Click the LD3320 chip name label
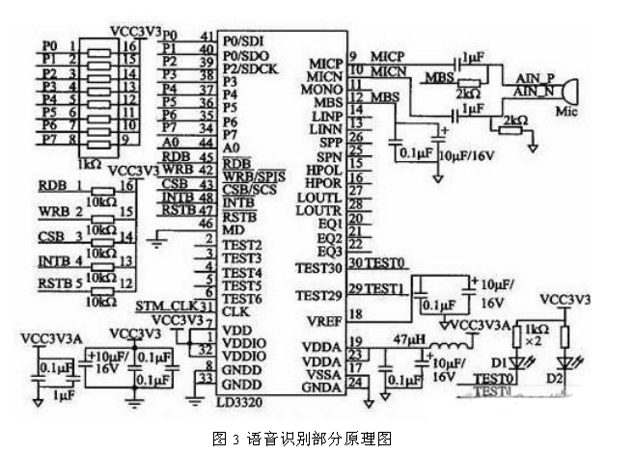[240, 396]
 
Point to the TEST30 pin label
[319, 267]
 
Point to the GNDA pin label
[322, 386]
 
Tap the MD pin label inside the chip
[233, 230]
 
